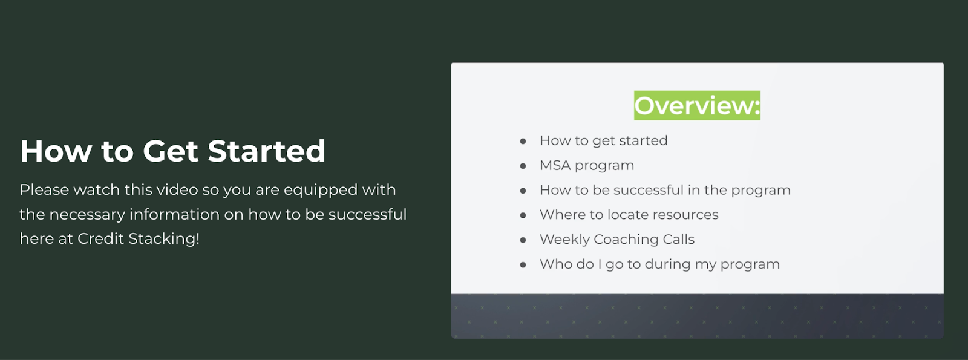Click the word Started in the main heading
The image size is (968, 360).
coord(266,151)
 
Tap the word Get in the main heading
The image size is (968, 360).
coord(171,151)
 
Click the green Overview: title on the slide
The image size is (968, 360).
coord(697,105)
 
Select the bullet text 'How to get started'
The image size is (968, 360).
coord(604,141)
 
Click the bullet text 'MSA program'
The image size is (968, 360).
coord(587,166)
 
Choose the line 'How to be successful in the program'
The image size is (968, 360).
coord(665,190)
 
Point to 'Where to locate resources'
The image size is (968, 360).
coord(629,214)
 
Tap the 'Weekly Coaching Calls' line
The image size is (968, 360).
coord(617,240)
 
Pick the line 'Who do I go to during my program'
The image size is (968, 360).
coord(660,264)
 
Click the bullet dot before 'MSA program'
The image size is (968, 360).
coord(523,166)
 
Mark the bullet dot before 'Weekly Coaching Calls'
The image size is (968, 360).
coord(523,240)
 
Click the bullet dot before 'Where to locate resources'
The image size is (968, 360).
coord(523,215)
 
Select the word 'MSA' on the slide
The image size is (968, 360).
coord(555,165)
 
